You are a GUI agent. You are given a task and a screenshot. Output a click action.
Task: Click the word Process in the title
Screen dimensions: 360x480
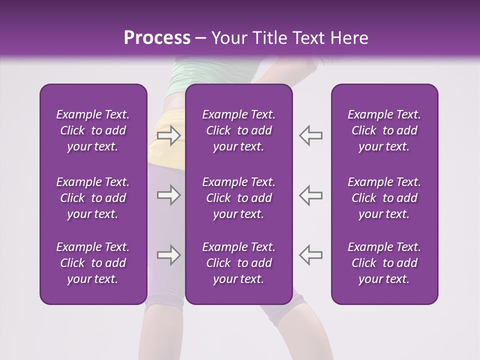[x=157, y=37]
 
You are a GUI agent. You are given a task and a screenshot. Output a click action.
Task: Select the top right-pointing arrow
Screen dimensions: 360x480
[x=168, y=135]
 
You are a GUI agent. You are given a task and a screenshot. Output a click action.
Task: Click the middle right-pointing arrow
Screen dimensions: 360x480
[x=168, y=195]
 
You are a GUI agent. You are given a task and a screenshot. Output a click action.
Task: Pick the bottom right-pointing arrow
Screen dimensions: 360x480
[x=168, y=255]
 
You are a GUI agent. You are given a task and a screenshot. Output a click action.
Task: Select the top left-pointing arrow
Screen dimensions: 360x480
[x=310, y=135]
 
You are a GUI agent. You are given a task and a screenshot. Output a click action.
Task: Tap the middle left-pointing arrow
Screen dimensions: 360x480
[x=310, y=195]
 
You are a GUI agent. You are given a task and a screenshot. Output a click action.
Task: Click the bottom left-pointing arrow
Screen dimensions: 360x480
[x=310, y=255]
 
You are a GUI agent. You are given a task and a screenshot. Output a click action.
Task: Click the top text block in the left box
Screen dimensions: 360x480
[x=93, y=130]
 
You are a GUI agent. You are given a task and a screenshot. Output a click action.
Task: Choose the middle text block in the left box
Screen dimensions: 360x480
[x=93, y=198]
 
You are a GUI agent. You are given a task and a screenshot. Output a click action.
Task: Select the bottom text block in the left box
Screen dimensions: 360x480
[x=93, y=263]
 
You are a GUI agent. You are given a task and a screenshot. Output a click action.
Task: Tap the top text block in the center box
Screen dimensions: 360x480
[x=238, y=130]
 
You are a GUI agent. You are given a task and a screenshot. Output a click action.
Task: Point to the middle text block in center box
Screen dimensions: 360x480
[x=238, y=198]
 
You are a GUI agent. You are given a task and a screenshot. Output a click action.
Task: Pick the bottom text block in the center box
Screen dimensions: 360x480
[x=238, y=263]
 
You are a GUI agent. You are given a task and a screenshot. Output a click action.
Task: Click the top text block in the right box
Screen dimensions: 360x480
[x=384, y=130]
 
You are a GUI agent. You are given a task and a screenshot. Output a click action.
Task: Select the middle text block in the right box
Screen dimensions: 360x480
[x=384, y=198]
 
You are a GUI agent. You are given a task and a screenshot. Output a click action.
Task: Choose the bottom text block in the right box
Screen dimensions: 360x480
[x=384, y=263]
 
